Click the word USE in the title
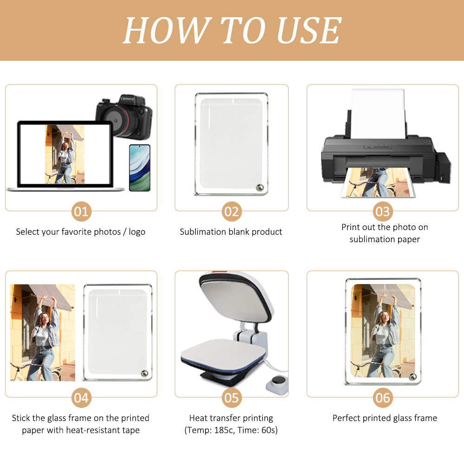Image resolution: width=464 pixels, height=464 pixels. [x=309, y=31]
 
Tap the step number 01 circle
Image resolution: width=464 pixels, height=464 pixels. [x=81, y=212]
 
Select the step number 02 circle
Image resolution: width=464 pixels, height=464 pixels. [x=231, y=212]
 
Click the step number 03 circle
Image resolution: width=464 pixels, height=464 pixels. [x=383, y=212]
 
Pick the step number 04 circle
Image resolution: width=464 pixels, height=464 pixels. [x=81, y=398]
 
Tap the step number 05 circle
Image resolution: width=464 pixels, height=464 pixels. [x=231, y=398]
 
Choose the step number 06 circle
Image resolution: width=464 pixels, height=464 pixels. [x=383, y=398]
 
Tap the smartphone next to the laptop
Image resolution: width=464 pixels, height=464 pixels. [x=140, y=168]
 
